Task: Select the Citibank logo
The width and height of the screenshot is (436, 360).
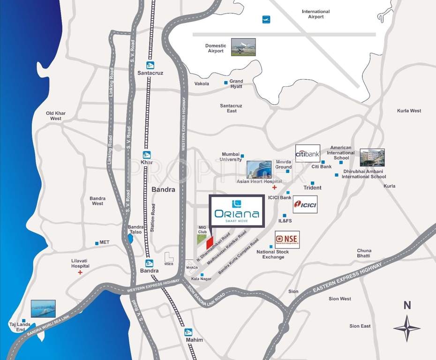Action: (x=308, y=153)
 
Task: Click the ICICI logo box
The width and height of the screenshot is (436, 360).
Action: (x=305, y=204)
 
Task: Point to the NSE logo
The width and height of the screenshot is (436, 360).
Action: (x=287, y=240)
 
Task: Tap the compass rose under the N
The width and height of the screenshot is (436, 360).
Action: (x=407, y=329)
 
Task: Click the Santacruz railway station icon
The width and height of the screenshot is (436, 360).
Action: (x=150, y=65)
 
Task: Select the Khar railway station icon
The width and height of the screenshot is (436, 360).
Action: (x=147, y=155)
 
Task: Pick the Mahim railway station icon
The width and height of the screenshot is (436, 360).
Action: (x=188, y=332)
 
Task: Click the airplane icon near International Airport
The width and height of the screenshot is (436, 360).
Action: (x=266, y=20)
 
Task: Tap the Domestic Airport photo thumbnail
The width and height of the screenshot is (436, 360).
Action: (x=243, y=47)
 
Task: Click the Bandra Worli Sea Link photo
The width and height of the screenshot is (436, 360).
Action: (x=43, y=308)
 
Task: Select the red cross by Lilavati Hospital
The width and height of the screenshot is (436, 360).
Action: (x=80, y=272)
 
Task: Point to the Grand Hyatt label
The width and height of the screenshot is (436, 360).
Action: (x=236, y=84)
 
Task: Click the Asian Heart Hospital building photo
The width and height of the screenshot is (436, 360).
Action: (x=259, y=169)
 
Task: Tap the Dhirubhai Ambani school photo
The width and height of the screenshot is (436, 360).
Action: (x=372, y=157)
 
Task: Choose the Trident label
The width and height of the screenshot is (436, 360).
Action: (x=312, y=187)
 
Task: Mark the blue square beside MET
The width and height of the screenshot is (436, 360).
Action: (x=97, y=243)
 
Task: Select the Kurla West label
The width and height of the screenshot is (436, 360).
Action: (x=409, y=111)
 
